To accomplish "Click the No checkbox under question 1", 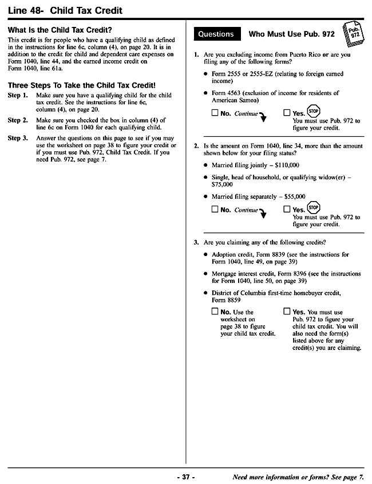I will point(215,113).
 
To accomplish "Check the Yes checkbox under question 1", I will point(287,113).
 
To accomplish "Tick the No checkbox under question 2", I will point(215,209).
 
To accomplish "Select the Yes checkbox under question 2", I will point(287,209).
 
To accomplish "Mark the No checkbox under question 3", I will point(215,312).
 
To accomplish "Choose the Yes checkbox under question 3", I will point(287,312).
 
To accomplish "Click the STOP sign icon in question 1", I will point(313,111).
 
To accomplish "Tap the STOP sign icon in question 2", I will point(313,207).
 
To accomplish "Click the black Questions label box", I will point(216,34).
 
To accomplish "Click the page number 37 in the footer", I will point(185,477).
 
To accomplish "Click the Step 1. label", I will point(18,95).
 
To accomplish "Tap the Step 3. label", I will point(18,138).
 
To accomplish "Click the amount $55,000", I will point(294,196).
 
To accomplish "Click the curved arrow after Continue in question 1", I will point(263,117).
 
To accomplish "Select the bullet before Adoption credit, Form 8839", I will point(205,254).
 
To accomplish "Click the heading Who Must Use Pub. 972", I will point(291,34).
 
